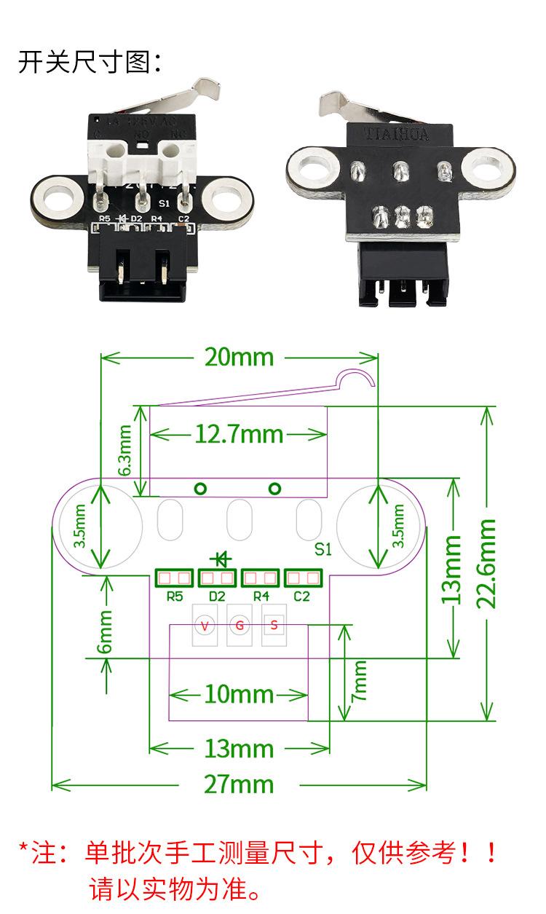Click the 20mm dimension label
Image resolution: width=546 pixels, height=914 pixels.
pyautogui.click(x=239, y=357)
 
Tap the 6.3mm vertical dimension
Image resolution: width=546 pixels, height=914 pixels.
pyautogui.click(x=126, y=451)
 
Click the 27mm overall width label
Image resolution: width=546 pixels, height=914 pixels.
pyautogui.click(x=238, y=784)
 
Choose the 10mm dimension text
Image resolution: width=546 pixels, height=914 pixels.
pyautogui.click(x=239, y=694)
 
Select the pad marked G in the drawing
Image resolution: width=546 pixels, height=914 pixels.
pyautogui.click(x=239, y=625)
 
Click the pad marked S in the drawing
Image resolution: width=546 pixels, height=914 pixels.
pyautogui.click(x=274, y=625)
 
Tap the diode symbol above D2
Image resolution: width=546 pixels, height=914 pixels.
pyautogui.click(x=219, y=559)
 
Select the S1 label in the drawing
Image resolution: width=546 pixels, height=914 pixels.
pyautogui.click(x=323, y=548)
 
